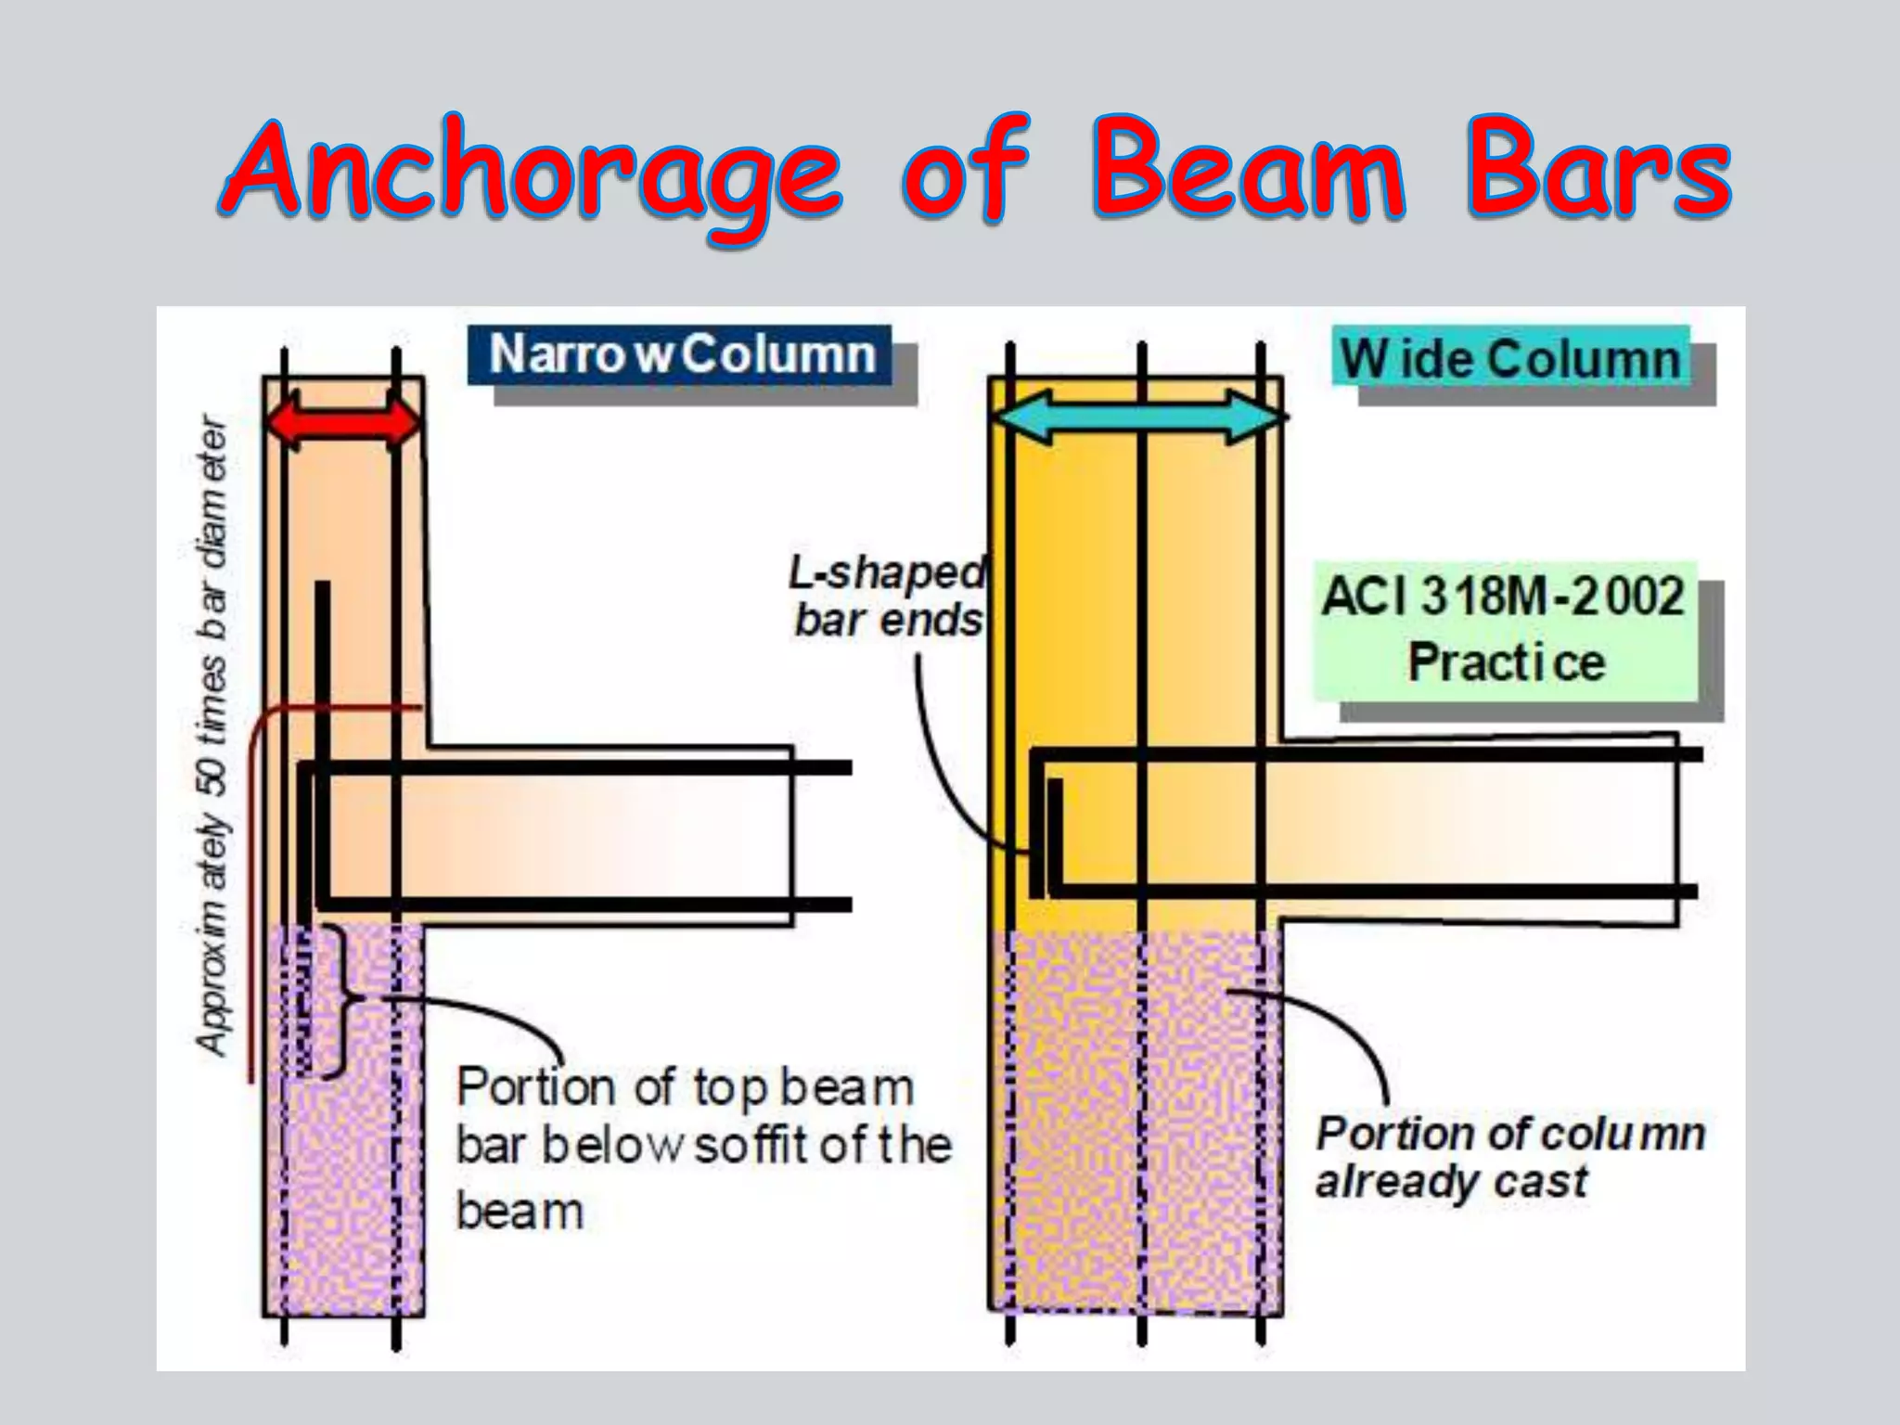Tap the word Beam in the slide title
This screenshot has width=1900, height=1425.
[1248, 172]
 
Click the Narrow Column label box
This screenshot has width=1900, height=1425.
[680, 354]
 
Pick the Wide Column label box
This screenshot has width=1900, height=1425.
[1510, 358]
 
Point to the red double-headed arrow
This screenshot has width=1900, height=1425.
[343, 422]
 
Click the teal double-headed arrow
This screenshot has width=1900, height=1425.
[1140, 417]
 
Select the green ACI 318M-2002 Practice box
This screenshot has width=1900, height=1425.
[1505, 630]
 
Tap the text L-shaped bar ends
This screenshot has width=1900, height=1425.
[887, 597]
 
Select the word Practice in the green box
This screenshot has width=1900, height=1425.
[1506, 662]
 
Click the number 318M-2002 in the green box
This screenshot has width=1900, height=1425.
[1553, 596]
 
